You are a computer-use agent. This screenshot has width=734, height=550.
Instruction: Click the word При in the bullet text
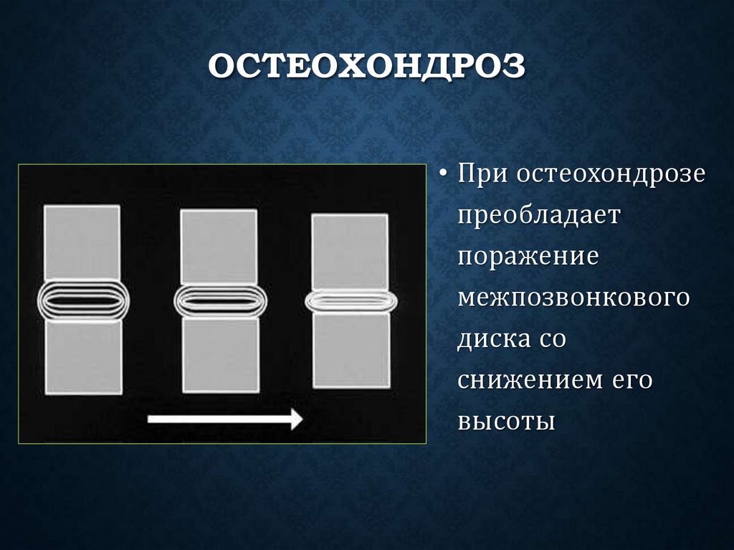click(484, 175)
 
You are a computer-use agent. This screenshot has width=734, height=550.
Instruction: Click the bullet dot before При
click(445, 176)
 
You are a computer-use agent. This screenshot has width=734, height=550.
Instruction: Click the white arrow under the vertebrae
click(225, 419)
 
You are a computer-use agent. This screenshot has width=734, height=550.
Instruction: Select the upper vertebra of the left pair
click(82, 242)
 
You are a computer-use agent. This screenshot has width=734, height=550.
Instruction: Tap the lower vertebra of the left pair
click(83, 356)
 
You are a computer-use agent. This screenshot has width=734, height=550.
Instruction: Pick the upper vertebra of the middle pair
click(219, 246)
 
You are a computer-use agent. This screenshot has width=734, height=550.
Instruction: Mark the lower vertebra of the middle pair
click(220, 354)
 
